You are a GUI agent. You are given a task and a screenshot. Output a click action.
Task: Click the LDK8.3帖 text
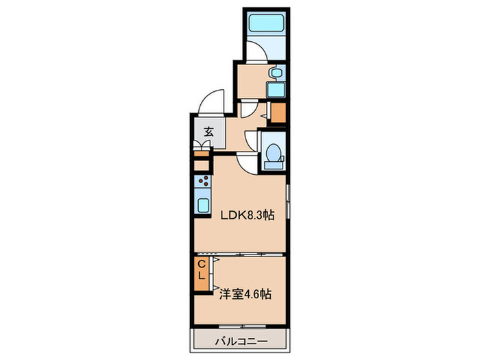pos(247,215)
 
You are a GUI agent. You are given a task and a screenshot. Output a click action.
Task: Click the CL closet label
pos(202,269)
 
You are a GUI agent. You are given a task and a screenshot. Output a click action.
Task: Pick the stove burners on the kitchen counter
pos(203,182)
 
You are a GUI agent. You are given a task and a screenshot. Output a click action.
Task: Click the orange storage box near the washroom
pos(278,111)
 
